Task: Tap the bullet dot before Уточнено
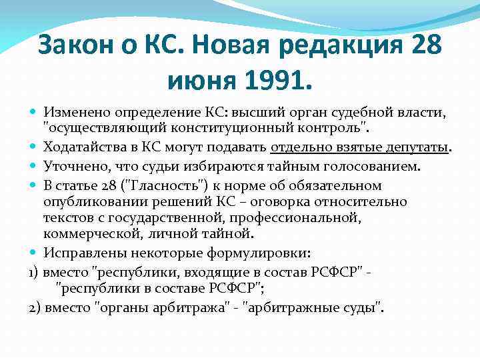[x=34, y=165]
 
